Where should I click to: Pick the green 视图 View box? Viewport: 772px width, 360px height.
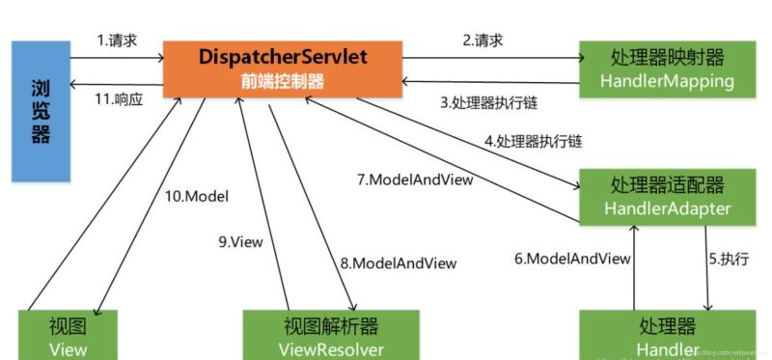pos(68,334)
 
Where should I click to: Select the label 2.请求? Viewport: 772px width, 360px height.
pos(482,41)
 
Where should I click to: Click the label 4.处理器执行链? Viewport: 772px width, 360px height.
pos(533,141)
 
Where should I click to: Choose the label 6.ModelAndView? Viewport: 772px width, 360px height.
pos(571,259)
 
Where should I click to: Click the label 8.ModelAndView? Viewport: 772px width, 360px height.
pos(398,262)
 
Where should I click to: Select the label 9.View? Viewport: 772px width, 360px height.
pos(241,241)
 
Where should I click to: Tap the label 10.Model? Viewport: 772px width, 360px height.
pos(196,197)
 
